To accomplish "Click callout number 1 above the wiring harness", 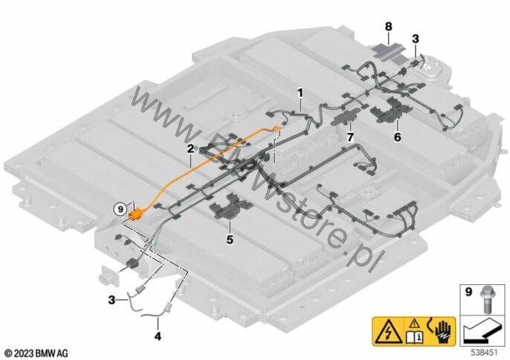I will (300, 94).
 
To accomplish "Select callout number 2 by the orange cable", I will (190, 148).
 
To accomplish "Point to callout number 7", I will (350, 137).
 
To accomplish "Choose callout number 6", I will (397, 137).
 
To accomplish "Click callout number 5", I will (230, 240).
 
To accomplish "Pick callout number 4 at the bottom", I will (157, 335).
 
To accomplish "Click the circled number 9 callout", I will (120, 210).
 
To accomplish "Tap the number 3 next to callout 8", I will (415, 38).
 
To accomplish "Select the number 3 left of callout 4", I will (112, 300).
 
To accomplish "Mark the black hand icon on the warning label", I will (439, 330).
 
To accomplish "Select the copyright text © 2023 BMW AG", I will (35, 351).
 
